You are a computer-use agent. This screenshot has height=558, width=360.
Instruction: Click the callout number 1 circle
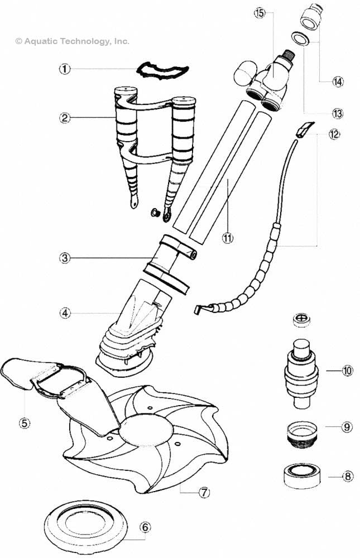click(x=65, y=69)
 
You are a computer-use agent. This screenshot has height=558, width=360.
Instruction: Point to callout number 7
click(x=204, y=492)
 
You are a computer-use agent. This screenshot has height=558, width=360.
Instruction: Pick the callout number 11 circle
click(x=227, y=237)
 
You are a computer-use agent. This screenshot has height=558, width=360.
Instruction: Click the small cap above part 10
click(x=301, y=319)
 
